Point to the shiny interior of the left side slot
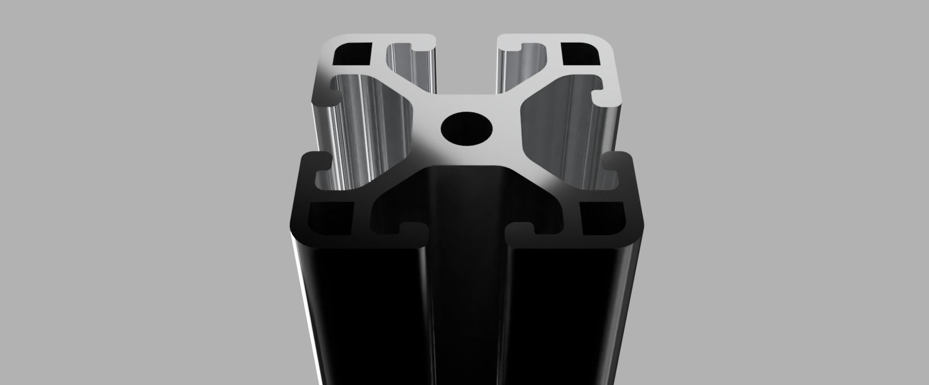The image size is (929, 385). (x=359, y=127)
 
